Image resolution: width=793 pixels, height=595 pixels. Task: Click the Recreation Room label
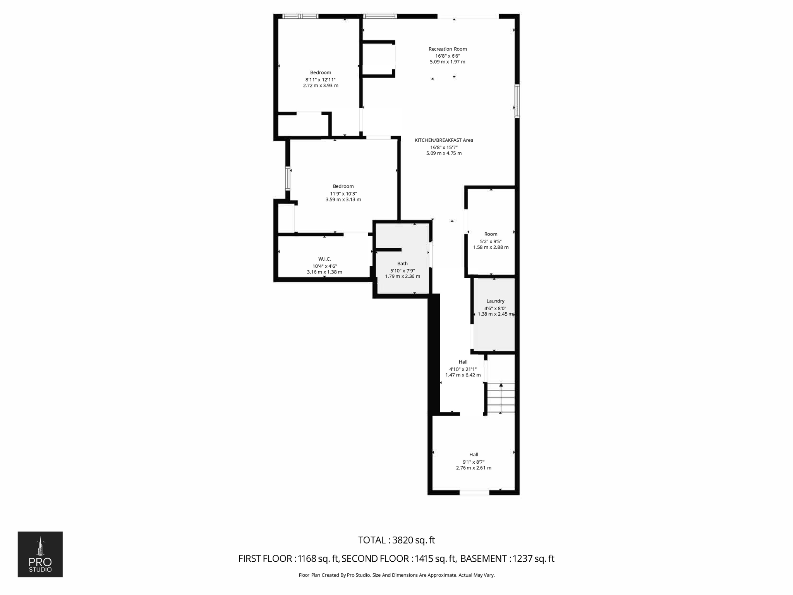coord(448,49)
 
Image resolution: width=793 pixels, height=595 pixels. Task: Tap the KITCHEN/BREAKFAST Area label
coord(444,140)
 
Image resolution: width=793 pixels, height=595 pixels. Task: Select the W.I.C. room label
coord(324,259)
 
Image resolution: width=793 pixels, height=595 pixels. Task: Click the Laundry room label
coord(495,301)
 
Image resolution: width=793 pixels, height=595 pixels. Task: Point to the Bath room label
coord(402,263)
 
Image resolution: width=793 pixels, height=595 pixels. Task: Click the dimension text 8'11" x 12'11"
coord(320,79)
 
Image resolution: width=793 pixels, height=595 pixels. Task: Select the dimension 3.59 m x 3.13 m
coord(343,199)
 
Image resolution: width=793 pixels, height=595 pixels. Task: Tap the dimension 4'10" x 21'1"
coord(463,369)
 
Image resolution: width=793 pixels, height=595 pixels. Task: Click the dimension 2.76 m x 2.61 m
coord(474,468)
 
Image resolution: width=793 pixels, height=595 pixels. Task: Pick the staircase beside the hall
coord(501,398)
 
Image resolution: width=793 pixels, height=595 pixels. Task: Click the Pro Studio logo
coord(40,554)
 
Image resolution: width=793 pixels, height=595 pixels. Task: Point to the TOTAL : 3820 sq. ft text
coord(396,540)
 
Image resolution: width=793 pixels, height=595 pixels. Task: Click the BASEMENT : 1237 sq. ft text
coord(507,559)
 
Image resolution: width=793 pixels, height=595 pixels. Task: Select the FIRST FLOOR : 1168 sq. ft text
coord(288,559)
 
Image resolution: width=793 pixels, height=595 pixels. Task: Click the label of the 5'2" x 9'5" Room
coord(491,234)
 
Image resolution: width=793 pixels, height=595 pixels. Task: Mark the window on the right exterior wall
coord(517,101)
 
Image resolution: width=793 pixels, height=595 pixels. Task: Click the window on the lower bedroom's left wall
coord(288,178)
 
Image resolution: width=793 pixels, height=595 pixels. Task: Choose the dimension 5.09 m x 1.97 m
coord(447,62)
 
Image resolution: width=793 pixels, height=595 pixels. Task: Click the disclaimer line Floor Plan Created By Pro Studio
coord(396,575)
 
